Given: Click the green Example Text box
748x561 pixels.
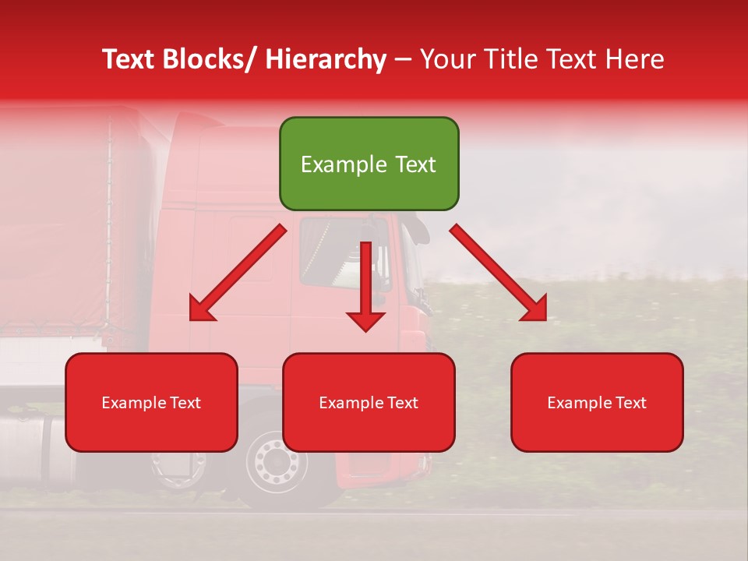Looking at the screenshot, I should click(369, 164).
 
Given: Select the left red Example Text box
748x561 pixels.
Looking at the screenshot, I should click(151, 402).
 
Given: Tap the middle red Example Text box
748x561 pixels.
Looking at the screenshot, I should click(369, 402).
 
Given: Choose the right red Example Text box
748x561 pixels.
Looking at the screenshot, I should click(597, 402).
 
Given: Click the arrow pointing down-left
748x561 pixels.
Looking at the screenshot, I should click(238, 273).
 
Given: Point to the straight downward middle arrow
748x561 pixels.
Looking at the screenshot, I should click(365, 284).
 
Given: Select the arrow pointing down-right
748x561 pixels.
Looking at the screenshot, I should click(499, 273).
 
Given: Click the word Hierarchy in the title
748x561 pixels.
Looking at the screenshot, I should click(326, 59).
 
